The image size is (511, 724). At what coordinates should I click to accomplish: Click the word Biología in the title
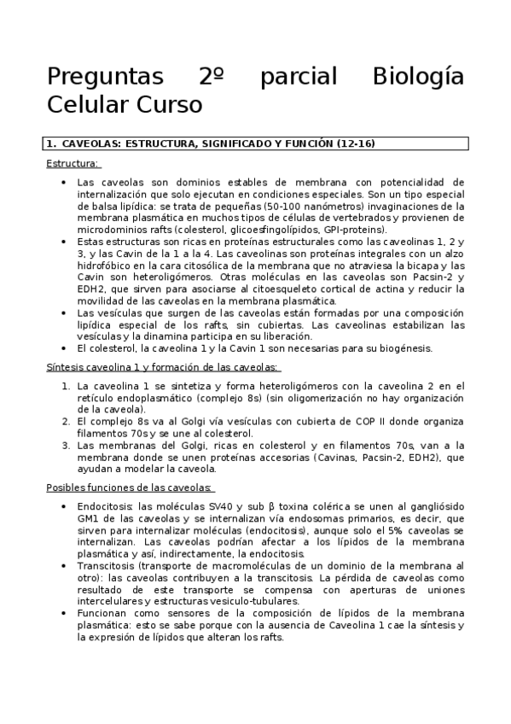click(x=419, y=77)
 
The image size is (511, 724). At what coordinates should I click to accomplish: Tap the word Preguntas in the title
click(x=104, y=77)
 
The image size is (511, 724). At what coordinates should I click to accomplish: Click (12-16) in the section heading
click(x=357, y=143)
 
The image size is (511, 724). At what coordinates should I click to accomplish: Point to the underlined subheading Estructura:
click(x=72, y=163)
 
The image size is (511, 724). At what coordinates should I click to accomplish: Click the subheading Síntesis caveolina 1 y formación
click(x=162, y=367)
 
